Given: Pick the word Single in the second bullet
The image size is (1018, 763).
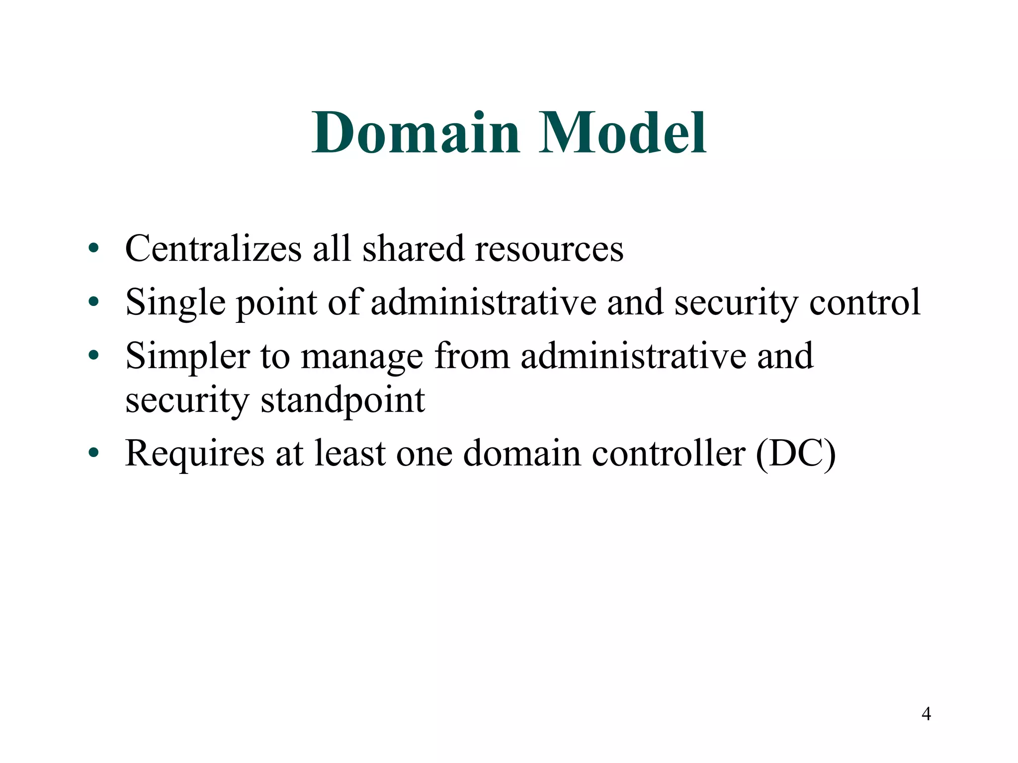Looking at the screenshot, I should click(175, 303).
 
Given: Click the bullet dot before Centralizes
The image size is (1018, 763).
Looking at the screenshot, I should click(93, 248).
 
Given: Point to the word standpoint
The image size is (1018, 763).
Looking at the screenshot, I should click(343, 400).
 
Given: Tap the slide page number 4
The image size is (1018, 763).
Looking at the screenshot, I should click(926, 714).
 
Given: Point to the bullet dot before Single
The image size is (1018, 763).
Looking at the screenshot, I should click(93, 302).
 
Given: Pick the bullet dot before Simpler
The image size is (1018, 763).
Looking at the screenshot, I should click(93, 356).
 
